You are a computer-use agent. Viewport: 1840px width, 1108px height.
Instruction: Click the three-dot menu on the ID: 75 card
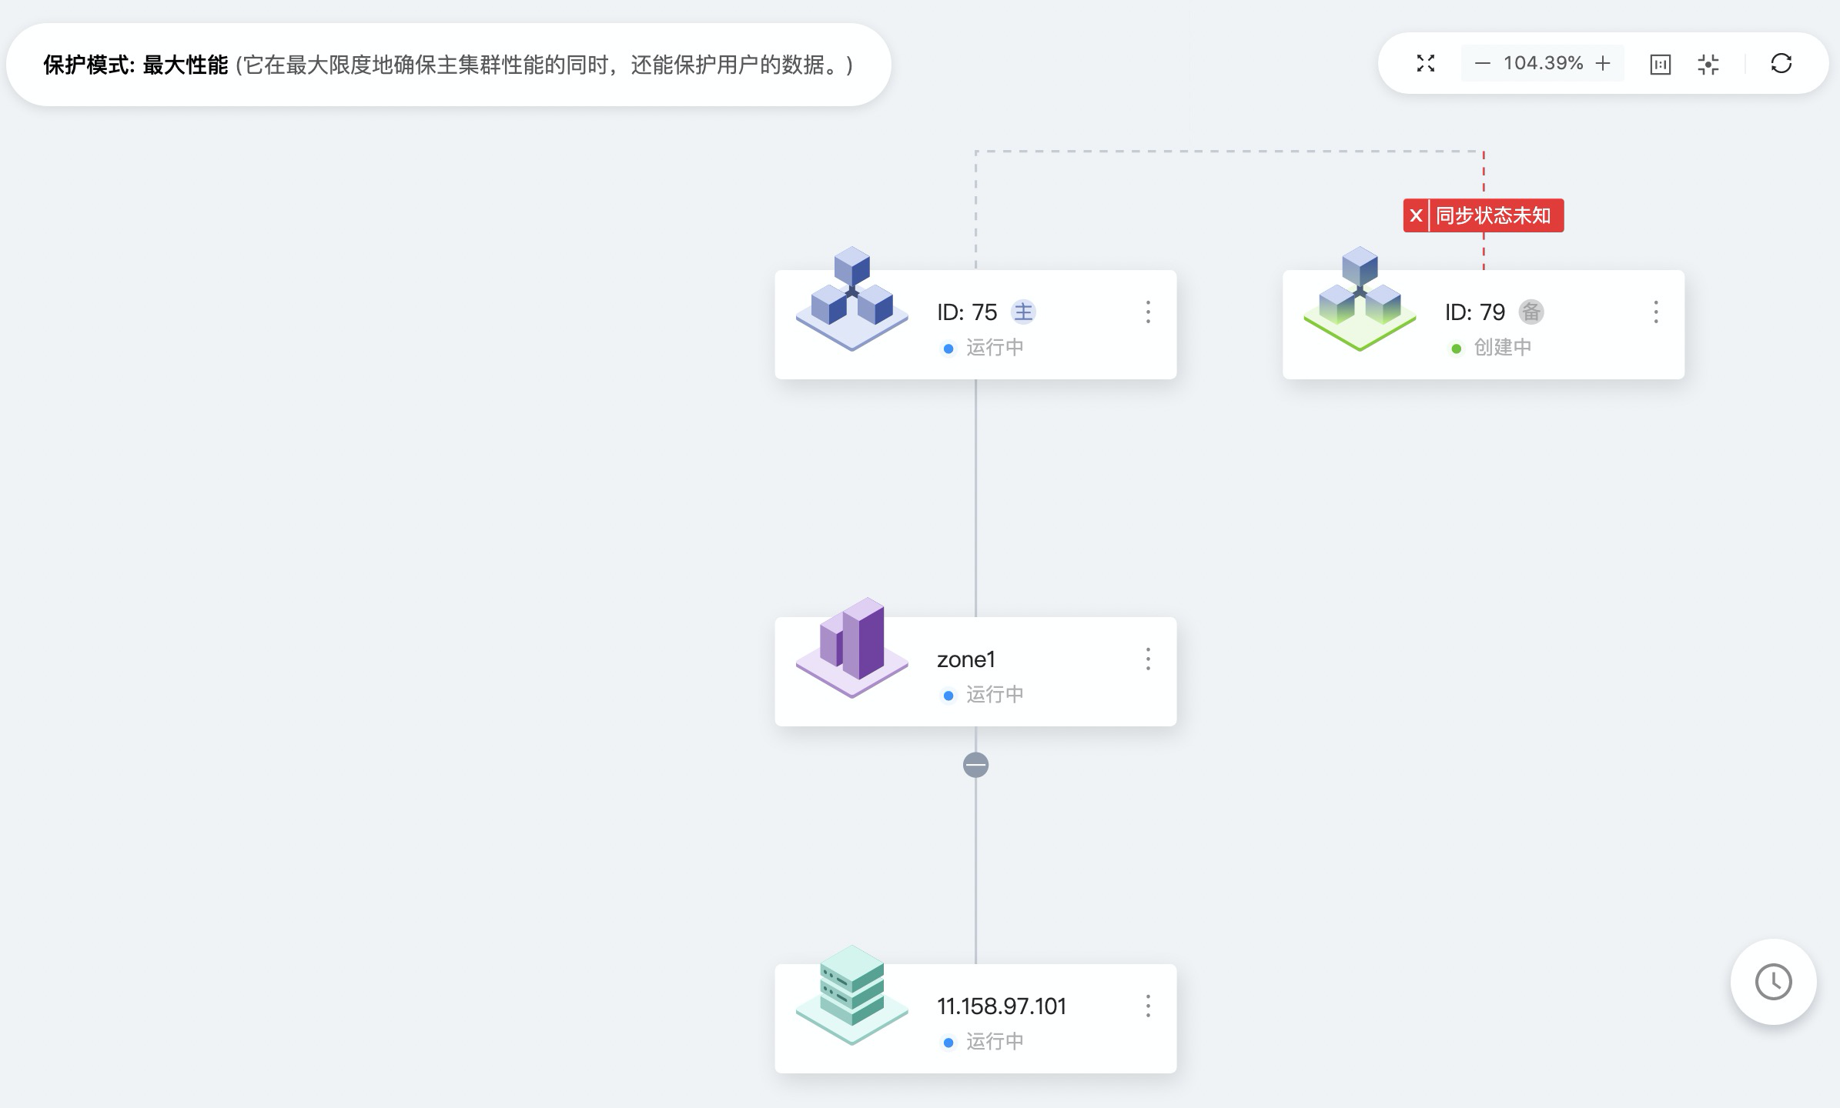tap(1148, 312)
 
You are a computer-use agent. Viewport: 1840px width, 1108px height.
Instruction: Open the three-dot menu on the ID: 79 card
tap(1656, 312)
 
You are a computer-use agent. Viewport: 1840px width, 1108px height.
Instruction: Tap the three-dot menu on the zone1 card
tap(1148, 659)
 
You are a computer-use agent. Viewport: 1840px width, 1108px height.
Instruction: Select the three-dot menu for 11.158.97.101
tap(1148, 1006)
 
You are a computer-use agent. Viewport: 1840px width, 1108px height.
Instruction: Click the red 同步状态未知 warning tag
tap(1484, 215)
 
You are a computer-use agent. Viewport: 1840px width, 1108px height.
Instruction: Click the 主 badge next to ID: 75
tap(1023, 312)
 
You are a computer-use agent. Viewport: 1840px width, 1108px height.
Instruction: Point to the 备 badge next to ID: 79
tap(1531, 312)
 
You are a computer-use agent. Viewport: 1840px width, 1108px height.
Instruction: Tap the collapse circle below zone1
tap(975, 765)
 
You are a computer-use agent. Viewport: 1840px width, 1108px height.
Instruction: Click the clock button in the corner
tap(1773, 982)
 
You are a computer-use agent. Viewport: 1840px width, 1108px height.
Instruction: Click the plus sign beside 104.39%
tap(1603, 63)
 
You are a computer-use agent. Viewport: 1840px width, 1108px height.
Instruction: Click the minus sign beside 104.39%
tap(1482, 63)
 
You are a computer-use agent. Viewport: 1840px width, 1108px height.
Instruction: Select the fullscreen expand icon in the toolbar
tap(1426, 63)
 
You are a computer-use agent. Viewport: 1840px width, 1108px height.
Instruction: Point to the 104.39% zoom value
tap(1543, 63)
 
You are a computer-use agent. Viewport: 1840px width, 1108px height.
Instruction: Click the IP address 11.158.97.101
tap(1001, 1006)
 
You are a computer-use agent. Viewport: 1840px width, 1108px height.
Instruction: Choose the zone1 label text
tap(965, 659)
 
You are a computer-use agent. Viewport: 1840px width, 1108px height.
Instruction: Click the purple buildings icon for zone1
tap(852, 647)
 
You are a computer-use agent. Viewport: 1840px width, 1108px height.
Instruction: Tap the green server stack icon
tap(852, 994)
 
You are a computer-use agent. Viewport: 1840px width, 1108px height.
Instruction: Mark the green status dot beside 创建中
tap(1456, 349)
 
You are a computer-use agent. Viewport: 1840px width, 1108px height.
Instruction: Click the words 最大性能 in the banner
tap(186, 65)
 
